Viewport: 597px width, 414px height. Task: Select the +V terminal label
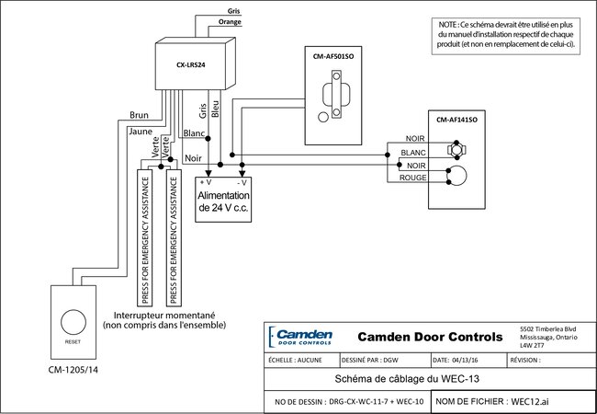(206, 183)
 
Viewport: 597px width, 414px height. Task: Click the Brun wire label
(140, 116)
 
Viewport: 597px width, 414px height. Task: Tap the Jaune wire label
(140, 132)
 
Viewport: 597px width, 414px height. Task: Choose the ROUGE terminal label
(412, 178)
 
